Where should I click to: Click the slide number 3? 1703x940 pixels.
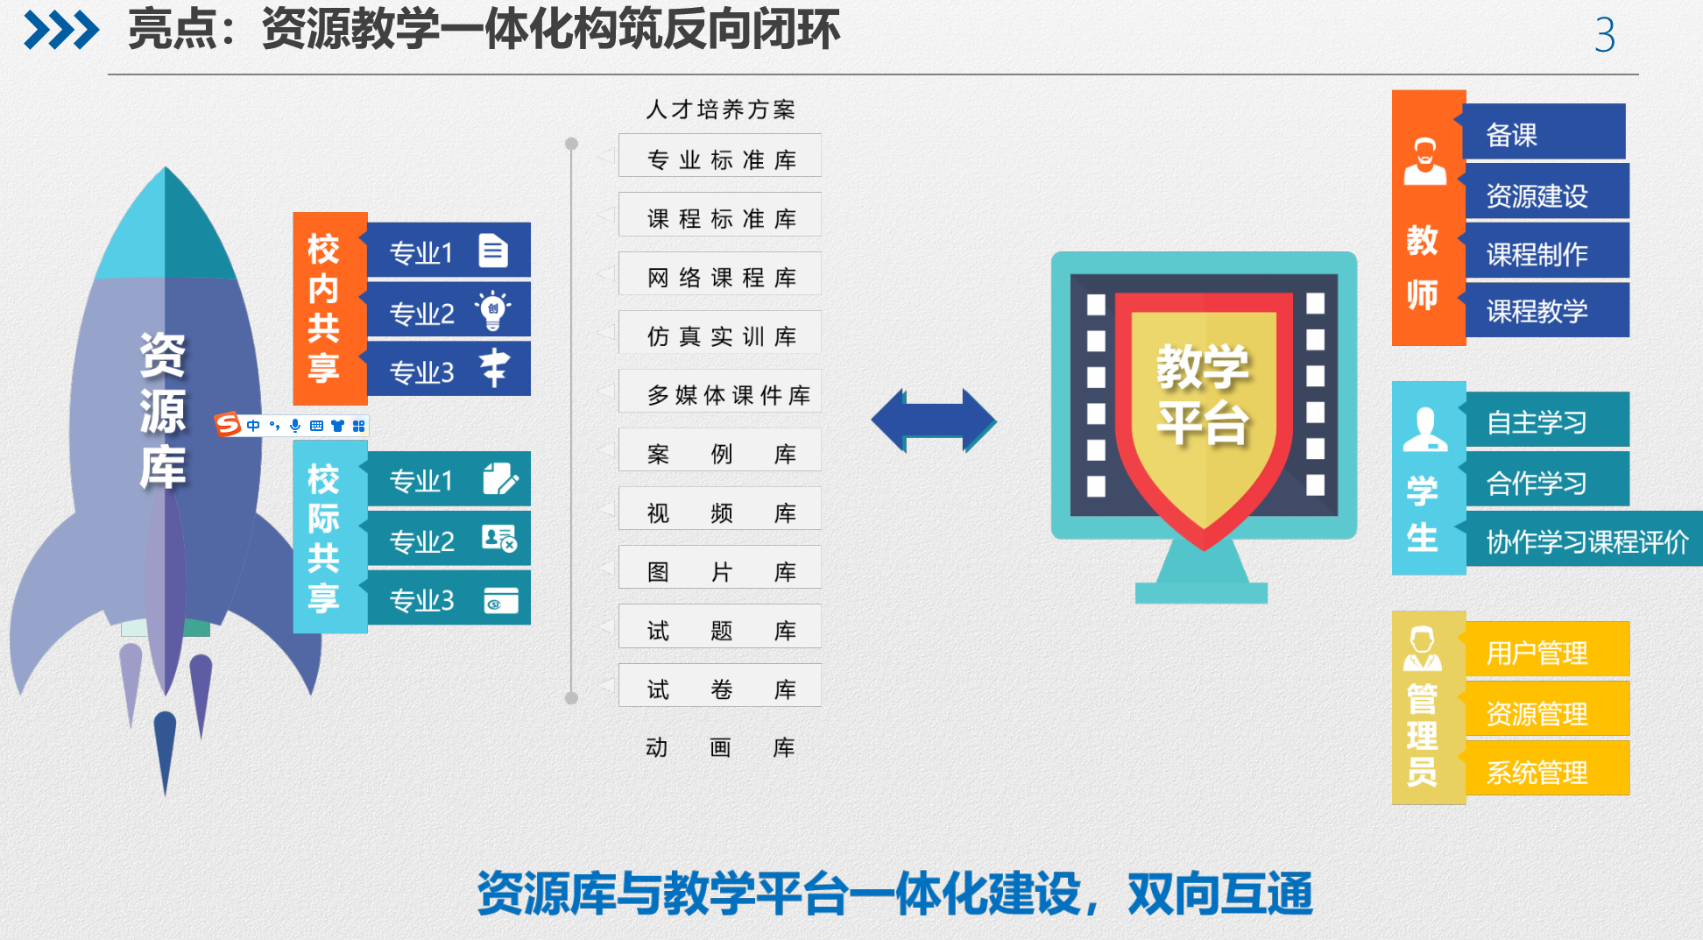click(1604, 35)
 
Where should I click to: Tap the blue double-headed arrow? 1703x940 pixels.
click(934, 421)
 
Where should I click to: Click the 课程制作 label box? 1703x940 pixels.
click(1546, 253)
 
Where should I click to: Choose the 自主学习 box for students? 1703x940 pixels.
click(1546, 421)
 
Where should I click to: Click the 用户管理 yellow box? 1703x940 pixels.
click(1546, 652)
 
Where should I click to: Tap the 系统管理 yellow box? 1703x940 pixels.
click(1546, 771)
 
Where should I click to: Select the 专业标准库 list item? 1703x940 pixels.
click(720, 158)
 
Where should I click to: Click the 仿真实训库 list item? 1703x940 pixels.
click(720, 335)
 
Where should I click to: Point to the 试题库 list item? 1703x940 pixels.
click(720, 629)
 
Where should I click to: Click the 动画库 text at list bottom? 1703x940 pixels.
click(720, 747)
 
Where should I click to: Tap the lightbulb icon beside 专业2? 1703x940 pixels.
click(493, 310)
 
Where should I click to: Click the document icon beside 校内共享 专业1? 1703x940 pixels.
click(493, 251)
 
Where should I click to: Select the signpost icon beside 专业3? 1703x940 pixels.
click(494, 368)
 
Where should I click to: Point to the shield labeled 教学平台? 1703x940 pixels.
click(1203, 412)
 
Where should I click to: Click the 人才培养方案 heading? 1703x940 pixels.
click(720, 110)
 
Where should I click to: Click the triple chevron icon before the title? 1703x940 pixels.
click(61, 31)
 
